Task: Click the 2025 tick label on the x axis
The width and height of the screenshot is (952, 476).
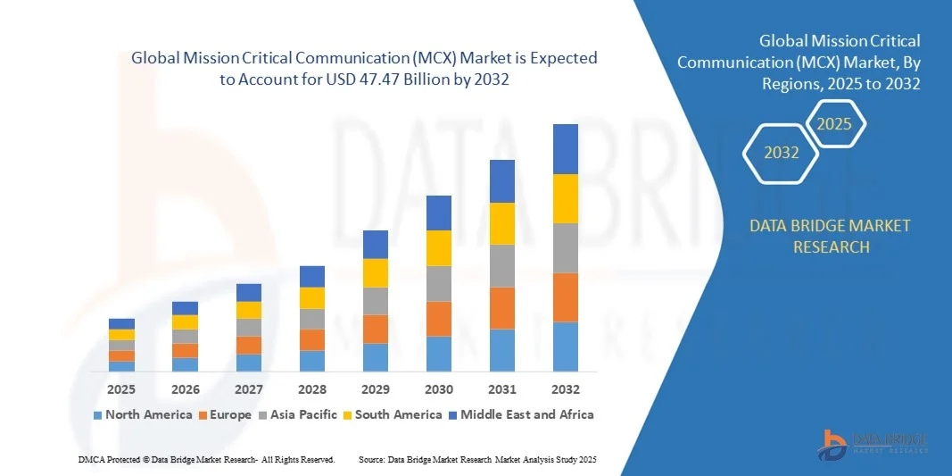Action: [121, 389]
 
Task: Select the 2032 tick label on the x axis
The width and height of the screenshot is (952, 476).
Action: [566, 389]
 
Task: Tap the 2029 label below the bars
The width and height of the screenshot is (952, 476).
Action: [376, 389]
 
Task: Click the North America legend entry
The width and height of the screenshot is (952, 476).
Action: [142, 414]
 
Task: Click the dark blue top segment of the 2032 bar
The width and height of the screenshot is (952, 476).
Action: [566, 148]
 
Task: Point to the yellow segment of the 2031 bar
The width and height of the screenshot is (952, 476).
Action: [502, 223]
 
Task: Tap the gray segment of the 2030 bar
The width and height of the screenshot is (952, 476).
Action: [439, 283]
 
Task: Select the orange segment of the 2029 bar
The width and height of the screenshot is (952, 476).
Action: [376, 329]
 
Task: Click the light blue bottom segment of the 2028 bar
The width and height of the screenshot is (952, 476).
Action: [312, 361]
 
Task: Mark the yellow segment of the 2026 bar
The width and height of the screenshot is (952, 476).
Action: [185, 322]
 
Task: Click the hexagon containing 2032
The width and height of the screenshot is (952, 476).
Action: [782, 153]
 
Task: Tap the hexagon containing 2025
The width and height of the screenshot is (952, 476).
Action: [835, 124]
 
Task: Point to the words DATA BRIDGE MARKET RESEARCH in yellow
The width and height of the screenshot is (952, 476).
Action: [831, 236]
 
